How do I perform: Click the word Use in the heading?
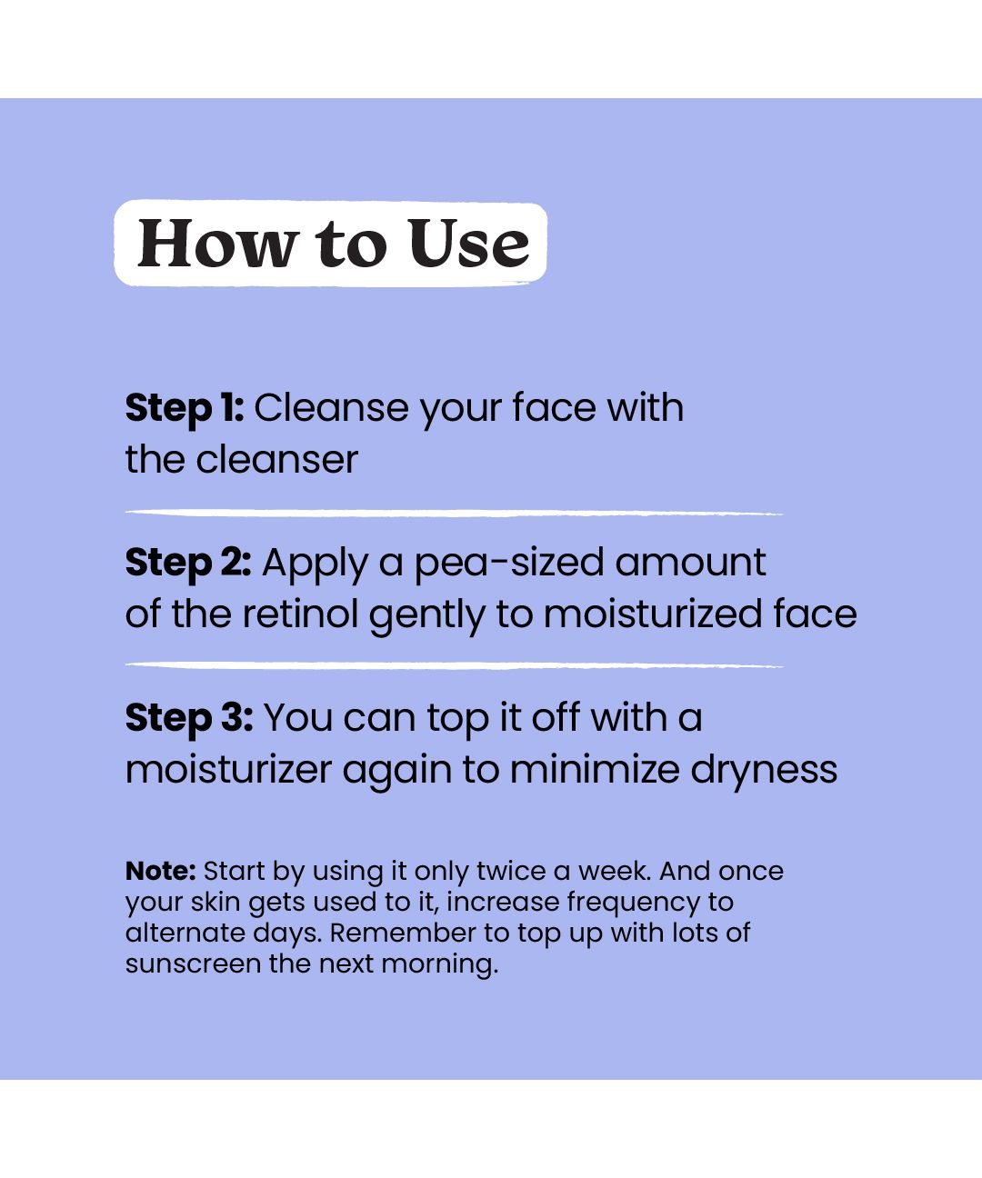tap(468, 243)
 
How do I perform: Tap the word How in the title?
tap(217, 243)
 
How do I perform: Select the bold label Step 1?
tap(185, 409)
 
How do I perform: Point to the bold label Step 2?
tap(188, 564)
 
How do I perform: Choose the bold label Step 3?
tap(189, 719)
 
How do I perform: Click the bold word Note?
tap(160, 871)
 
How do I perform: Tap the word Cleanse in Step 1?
tap(331, 408)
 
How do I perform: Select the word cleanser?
tap(277, 460)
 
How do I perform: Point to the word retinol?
tap(300, 614)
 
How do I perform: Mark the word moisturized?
tap(653, 614)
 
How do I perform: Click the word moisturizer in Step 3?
tap(228, 770)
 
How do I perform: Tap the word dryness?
tap(764, 771)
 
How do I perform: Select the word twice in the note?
tap(511, 871)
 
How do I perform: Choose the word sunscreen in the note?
tap(193, 963)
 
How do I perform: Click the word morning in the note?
tap(440, 964)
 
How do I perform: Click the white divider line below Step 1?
tap(454, 513)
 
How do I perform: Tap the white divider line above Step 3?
tap(454, 665)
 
